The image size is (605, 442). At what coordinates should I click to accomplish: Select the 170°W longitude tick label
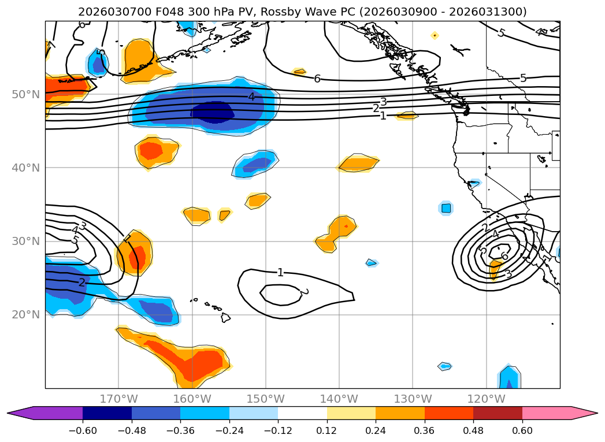(118, 399)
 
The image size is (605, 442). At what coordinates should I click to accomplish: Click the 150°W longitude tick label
(266, 399)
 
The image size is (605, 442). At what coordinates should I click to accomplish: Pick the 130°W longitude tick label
(413, 399)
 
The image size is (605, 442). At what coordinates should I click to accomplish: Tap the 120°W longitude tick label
(486, 399)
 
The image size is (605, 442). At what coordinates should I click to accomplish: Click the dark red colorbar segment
(498, 413)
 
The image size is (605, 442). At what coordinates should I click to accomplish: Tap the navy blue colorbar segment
(107, 413)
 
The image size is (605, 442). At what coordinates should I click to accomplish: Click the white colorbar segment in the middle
(302, 413)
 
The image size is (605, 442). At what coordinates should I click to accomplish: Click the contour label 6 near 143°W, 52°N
(317, 79)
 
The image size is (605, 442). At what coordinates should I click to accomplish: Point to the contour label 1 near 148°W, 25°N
(280, 272)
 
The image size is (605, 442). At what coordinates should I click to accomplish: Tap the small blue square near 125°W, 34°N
(446, 208)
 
